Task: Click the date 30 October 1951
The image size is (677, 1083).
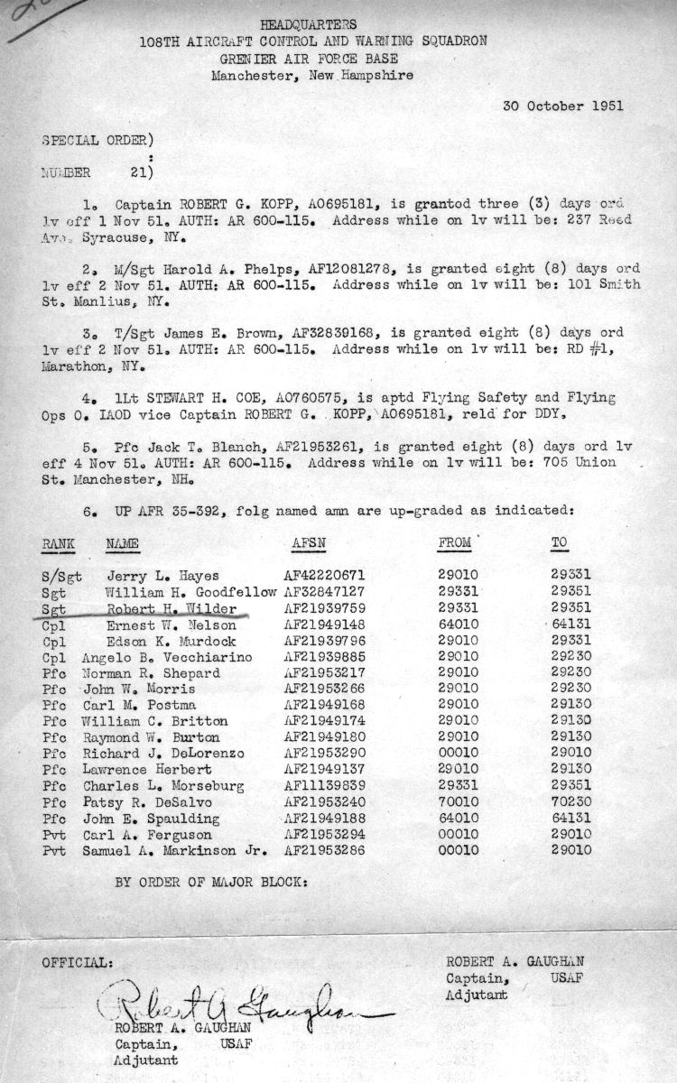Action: coord(562,106)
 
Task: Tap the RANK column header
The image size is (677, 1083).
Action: coord(58,544)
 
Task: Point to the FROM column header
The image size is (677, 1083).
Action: coord(452,544)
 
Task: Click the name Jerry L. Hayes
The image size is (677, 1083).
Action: coord(162,575)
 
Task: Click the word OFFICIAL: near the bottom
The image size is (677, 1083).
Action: coord(78,962)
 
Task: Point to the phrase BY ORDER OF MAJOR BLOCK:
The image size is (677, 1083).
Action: coord(211,883)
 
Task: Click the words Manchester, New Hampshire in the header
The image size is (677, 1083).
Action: coord(312,76)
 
